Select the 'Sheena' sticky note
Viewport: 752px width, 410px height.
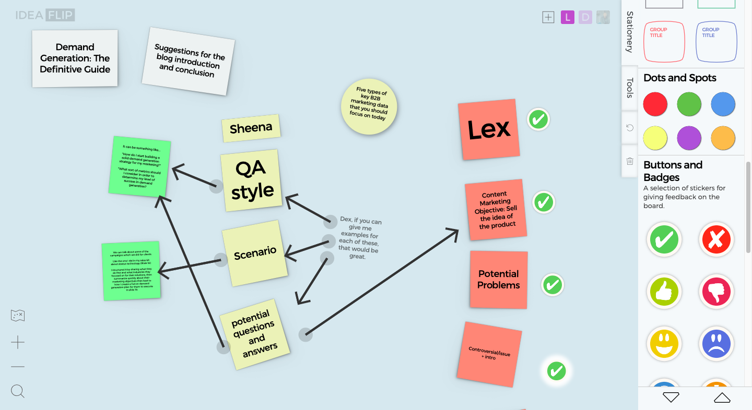pos(251,128)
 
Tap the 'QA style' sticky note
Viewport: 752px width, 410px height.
pos(252,180)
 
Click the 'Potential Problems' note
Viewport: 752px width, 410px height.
pos(499,280)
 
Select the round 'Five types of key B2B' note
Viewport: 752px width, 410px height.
pos(369,107)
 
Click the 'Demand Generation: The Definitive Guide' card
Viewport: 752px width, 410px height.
pos(75,58)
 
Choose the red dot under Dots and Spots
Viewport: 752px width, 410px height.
pos(655,104)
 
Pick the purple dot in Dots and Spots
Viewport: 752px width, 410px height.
pos(689,138)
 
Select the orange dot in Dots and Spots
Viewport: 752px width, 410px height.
pos(723,138)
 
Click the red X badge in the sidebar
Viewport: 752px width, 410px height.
pos(716,240)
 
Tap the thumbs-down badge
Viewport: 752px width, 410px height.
pos(716,291)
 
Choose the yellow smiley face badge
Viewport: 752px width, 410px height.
pos(664,343)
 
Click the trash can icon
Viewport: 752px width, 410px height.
pos(630,161)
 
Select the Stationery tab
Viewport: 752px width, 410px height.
pos(630,32)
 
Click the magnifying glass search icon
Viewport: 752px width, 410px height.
pos(18,391)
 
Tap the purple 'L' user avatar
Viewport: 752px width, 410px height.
pos(568,17)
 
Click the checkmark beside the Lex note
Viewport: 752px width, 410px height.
pos(538,119)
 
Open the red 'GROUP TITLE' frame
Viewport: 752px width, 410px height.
pos(664,42)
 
